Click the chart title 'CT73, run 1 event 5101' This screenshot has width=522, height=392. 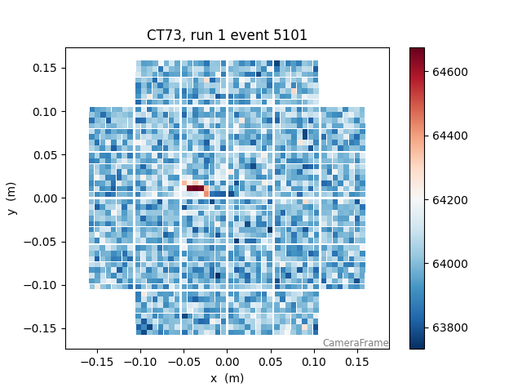pyautogui.click(x=227, y=35)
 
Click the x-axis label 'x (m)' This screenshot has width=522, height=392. pyautogui.click(x=227, y=378)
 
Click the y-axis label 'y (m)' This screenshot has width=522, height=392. pyautogui.click(x=12, y=198)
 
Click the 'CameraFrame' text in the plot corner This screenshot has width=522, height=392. pyautogui.click(x=355, y=343)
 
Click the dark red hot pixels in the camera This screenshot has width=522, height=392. pyautogui.click(x=195, y=189)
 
